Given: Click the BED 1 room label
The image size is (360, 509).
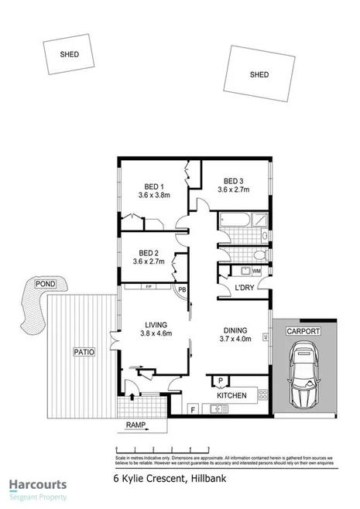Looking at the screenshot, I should coord(153,186).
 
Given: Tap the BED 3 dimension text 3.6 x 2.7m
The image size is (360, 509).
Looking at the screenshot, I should coord(234,190).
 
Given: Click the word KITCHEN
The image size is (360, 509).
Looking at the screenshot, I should coord(231,395).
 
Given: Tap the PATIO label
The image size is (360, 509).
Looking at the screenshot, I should coord(84,352).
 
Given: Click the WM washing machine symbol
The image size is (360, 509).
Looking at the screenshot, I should coord(255,271).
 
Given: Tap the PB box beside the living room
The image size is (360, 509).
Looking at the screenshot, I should coord(182,290).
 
